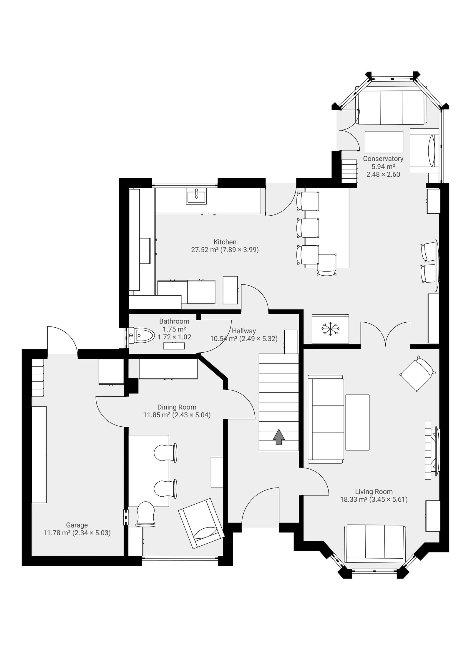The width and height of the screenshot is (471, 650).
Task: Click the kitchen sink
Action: click(196, 196)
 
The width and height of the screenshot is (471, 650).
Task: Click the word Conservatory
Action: click(383, 159)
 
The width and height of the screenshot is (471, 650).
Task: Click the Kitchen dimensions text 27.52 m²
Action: click(205, 250)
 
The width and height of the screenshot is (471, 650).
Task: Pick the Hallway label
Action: click(244, 331)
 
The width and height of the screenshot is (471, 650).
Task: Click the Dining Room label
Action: click(177, 407)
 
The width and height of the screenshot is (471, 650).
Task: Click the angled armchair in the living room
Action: click(417, 373)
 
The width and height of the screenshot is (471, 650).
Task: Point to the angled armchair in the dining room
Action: click(201, 523)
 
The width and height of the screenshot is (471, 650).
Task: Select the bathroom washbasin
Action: click(174, 346)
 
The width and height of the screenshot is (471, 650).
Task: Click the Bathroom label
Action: click(174, 321)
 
